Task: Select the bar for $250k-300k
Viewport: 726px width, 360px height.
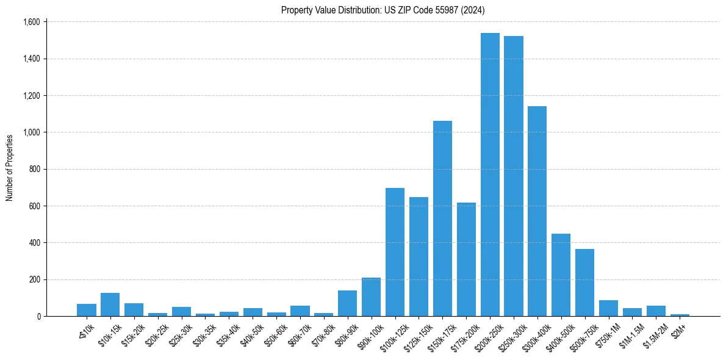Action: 514,176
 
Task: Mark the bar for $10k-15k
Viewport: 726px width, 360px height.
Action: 110,304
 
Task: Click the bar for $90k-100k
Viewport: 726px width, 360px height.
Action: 371,297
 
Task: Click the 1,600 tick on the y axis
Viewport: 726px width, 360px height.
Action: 31,22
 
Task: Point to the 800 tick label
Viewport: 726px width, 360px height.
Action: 34,169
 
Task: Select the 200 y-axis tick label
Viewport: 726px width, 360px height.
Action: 34,279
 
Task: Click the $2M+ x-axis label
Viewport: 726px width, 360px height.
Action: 679,328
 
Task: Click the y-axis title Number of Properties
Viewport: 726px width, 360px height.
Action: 10,168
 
